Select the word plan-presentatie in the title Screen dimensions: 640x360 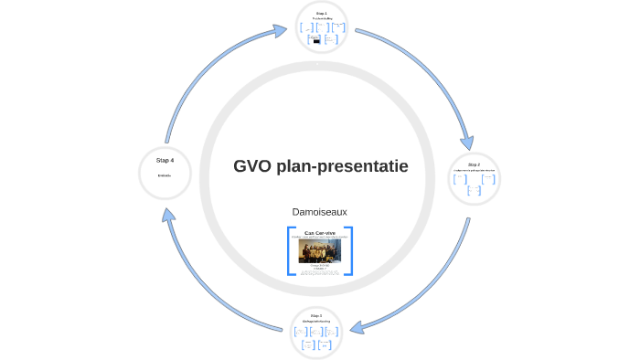tap(343, 166)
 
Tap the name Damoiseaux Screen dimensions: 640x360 tap(319, 211)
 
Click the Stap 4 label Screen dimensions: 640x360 tap(165, 161)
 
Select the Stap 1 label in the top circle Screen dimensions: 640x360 tap(321, 13)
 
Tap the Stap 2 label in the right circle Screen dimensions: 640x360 tap(474, 164)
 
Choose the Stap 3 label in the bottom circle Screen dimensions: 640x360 tap(315, 315)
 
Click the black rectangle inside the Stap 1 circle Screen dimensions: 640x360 tap(316, 41)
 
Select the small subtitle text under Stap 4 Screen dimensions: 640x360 tap(165, 175)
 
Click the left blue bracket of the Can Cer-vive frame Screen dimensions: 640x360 tap(290, 250)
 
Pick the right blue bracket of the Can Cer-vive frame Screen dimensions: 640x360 tap(349, 250)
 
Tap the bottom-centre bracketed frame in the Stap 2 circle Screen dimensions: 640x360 tap(474, 191)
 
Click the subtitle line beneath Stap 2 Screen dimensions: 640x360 tap(474, 171)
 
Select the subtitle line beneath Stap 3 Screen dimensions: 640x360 tap(315, 322)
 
